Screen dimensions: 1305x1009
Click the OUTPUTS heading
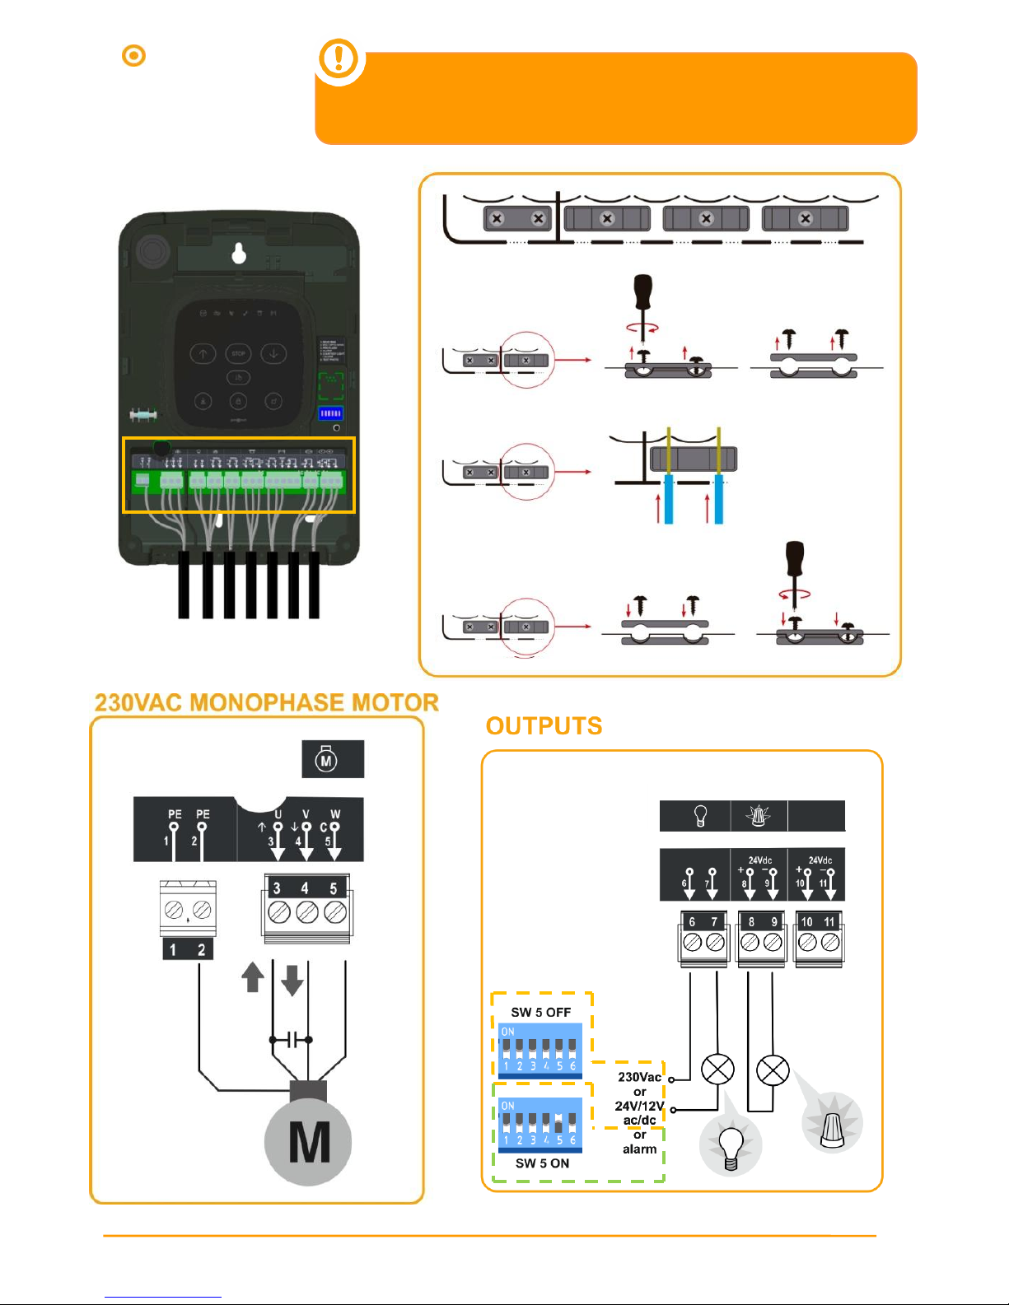(544, 725)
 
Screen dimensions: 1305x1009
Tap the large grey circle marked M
(309, 1141)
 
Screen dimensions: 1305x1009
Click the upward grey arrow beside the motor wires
(253, 977)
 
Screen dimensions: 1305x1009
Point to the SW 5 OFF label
(540, 1012)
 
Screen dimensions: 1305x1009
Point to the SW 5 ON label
(542, 1163)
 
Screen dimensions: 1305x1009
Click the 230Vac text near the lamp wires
(639, 1077)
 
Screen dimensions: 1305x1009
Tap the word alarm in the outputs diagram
(639, 1149)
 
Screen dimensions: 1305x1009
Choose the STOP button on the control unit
(238, 354)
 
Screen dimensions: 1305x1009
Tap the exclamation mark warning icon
(339, 59)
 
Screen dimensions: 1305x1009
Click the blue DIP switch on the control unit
(330, 413)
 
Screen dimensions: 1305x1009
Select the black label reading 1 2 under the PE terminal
(188, 950)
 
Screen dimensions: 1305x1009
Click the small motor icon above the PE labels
(326, 759)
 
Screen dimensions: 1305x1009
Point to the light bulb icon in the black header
(700, 816)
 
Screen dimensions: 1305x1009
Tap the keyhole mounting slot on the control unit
(239, 253)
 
